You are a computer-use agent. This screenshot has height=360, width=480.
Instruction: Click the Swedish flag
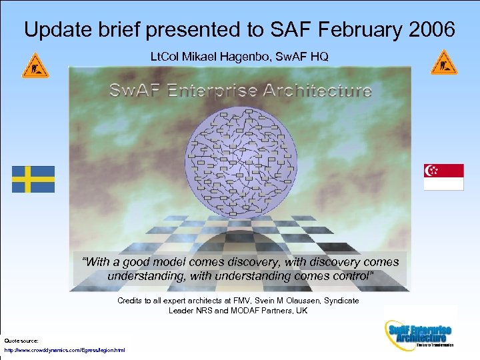(33, 179)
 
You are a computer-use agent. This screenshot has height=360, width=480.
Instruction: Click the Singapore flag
(443, 177)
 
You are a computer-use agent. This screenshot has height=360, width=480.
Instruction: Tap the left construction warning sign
(35, 65)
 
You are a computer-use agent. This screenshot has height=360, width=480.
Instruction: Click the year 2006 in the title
(429, 29)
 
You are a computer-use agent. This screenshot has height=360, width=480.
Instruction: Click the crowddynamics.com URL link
(64, 350)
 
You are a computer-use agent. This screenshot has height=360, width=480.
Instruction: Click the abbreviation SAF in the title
(280, 29)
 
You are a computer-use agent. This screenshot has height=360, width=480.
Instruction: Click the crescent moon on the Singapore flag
(431, 171)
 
